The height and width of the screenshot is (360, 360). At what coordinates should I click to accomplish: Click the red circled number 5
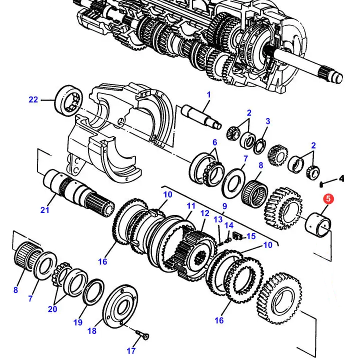(328, 199)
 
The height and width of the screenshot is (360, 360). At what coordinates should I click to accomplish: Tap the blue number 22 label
(33, 99)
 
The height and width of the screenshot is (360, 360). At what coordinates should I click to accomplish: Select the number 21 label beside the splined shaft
(45, 209)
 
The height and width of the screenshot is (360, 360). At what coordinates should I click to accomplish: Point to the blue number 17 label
(131, 350)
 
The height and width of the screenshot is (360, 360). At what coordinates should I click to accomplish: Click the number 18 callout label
(92, 331)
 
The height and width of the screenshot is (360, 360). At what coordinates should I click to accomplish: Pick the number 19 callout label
(78, 322)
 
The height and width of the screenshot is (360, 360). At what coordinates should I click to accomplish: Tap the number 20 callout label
(52, 309)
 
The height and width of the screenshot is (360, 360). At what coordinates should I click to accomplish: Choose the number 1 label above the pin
(208, 94)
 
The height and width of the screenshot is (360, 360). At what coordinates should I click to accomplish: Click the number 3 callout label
(267, 121)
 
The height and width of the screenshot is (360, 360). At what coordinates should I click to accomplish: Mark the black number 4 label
(341, 178)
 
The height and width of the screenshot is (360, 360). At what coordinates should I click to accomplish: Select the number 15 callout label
(251, 236)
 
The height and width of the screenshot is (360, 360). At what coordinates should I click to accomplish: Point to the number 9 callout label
(224, 206)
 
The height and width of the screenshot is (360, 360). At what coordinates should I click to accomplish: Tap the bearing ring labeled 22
(68, 100)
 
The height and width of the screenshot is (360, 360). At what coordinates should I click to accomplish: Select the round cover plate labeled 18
(120, 306)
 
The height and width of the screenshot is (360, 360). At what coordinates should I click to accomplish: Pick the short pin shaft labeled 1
(201, 116)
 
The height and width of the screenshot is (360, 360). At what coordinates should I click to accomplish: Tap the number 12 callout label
(205, 213)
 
